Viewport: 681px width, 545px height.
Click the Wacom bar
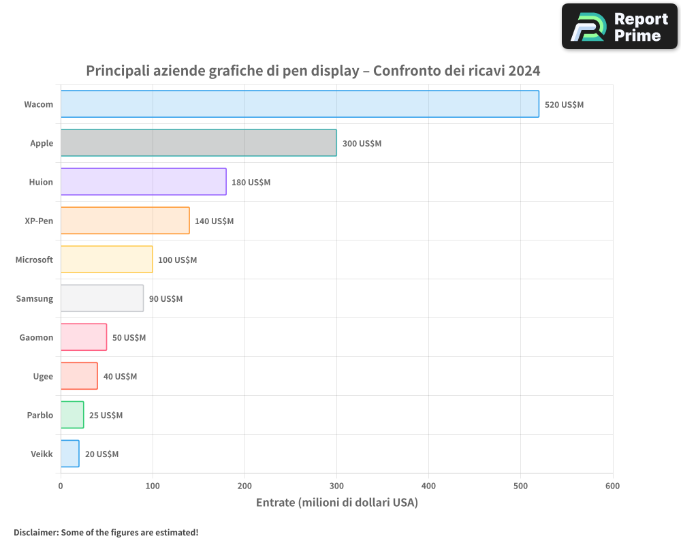(x=300, y=104)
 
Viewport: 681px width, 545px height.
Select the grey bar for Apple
(x=198, y=143)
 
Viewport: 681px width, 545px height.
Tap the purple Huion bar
(x=143, y=182)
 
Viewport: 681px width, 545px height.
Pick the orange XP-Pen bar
(x=125, y=221)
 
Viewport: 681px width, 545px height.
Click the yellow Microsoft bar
(x=106, y=260)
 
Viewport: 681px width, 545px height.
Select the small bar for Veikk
(x=69, y=454)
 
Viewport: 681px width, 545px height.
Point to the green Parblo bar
(x=72, y=415)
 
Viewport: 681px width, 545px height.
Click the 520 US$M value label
(x=564, y=105)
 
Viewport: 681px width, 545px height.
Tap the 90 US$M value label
(x=165, y=299)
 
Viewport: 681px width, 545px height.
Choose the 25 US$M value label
(x=106, y=416)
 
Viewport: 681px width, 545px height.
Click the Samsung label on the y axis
(x=35, y=299)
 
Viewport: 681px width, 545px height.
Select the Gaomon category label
(x=36, y=338)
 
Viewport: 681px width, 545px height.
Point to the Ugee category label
(x=43, y=377)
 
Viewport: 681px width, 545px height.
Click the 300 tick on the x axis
(x=336, y=486)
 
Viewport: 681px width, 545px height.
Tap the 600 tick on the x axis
(x=612, y=486)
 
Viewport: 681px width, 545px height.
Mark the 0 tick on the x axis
(x=61, y=486)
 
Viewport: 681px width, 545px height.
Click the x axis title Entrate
(x=336, y=503)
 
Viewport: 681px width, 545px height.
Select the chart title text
(x=313, y=71)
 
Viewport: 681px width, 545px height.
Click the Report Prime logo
(x=619, y=27)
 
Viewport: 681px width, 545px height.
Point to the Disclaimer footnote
(x=106, y=532)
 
